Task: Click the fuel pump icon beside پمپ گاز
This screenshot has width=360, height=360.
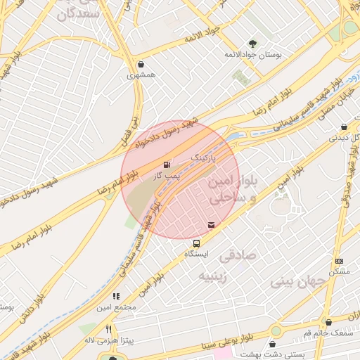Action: pos(167,165)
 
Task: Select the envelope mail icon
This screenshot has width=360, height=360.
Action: pos(212,225)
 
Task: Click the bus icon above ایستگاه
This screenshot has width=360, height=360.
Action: pos(196,242)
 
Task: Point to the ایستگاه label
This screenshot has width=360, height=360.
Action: pos(196,252)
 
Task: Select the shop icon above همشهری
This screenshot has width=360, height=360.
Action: pos(142,63)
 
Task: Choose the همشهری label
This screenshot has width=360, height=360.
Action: pos(142,74)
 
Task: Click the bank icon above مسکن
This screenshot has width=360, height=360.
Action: pos(338,261)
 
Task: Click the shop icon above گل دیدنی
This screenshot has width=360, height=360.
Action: pos(343,127)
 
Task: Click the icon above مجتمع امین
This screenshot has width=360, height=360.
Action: pos(116,297)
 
